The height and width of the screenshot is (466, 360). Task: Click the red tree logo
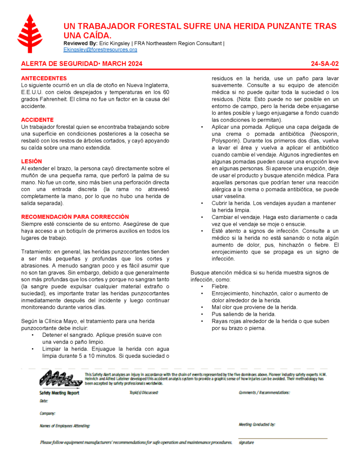coord(30,34)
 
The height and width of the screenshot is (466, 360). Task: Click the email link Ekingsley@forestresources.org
coord(100,49)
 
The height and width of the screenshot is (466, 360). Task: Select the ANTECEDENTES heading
coord(44,78)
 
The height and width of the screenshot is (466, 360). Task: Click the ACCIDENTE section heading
coord(37,120)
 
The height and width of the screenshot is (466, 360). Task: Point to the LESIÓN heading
coord(31,161)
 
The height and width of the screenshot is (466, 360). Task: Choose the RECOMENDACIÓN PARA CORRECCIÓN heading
coord(75,217)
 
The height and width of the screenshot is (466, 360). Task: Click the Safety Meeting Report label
coord(59,393)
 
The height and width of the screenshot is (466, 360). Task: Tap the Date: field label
coord(44,401)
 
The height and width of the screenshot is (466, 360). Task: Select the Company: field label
coord(47,413)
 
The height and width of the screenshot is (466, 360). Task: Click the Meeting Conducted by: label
coord(257,425)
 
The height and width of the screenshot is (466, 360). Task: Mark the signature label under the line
coord(246,442)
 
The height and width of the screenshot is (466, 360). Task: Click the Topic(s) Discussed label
coord(144,392)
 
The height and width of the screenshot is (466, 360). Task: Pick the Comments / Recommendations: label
coord(264,392)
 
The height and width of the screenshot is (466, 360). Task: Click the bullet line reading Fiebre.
coord(220,286)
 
